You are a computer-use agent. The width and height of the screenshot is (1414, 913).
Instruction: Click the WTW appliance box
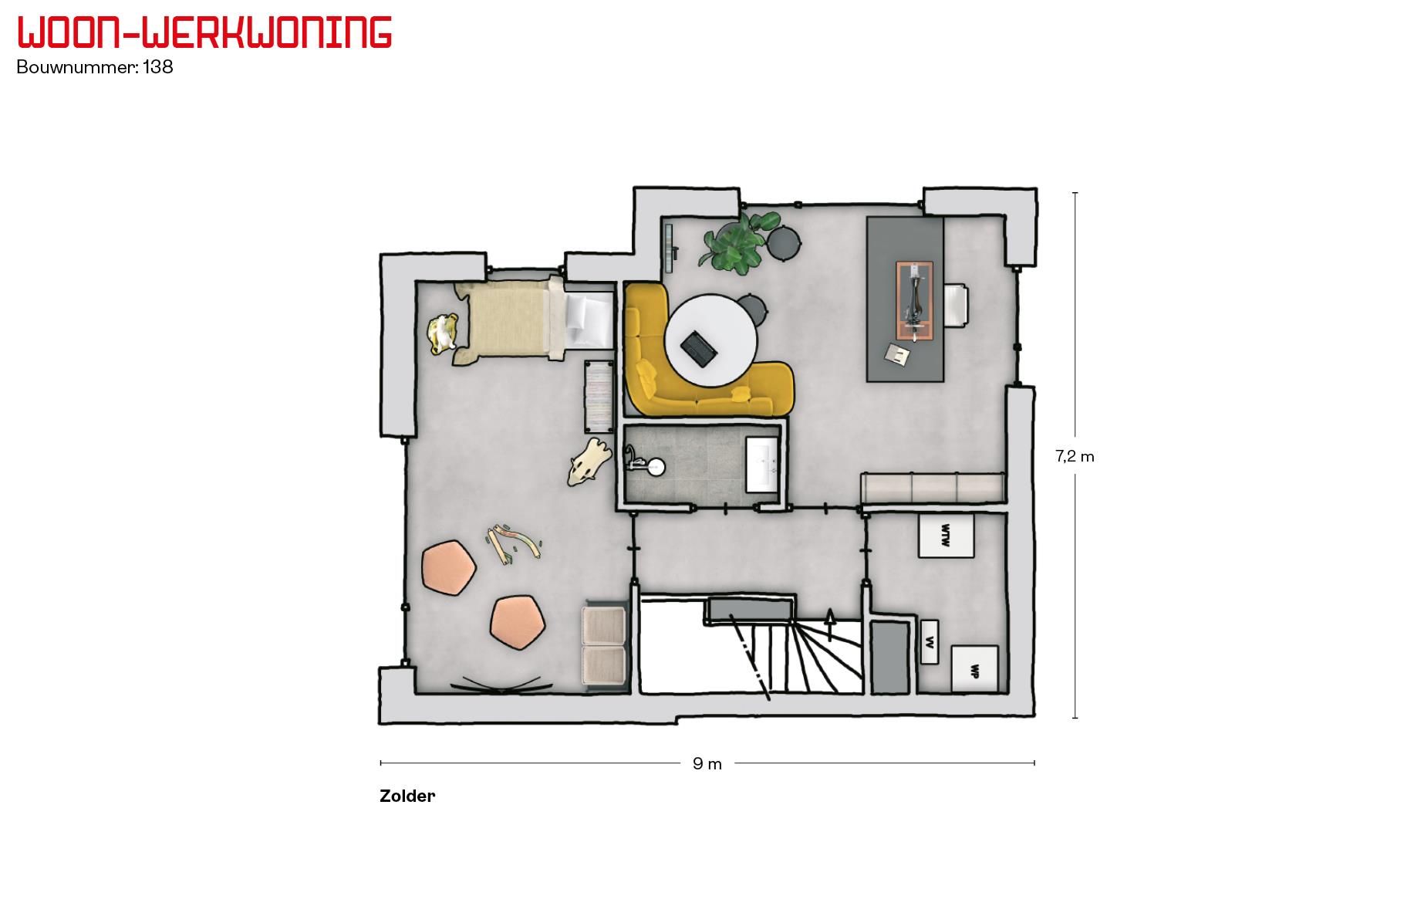click(x=946, y=535)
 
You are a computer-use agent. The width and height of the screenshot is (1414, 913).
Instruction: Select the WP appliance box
click(x=974, y=669)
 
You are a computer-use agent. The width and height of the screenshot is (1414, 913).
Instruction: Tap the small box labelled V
click(x=930, y=641)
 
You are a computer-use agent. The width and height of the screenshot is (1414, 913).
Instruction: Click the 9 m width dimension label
click(x=707, y=764)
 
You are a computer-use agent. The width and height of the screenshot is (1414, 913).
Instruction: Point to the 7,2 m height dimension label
click(x=1075, y=456)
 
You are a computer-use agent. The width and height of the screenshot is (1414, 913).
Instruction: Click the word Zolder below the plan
click(x=407, y=796)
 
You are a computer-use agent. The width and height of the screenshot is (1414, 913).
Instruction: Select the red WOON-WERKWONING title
click(x=204, y=32)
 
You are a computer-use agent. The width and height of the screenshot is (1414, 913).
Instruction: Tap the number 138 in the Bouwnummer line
click(x=158, y=67)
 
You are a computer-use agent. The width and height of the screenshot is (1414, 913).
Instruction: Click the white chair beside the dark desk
click(x=957, y=306)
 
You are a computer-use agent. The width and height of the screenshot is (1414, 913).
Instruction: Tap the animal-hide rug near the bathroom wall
click(x=589, y=462)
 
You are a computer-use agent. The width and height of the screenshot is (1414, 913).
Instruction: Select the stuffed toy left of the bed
click(x=444, y=334)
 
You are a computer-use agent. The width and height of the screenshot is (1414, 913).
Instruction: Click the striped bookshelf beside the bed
click(x=598, y=397)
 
